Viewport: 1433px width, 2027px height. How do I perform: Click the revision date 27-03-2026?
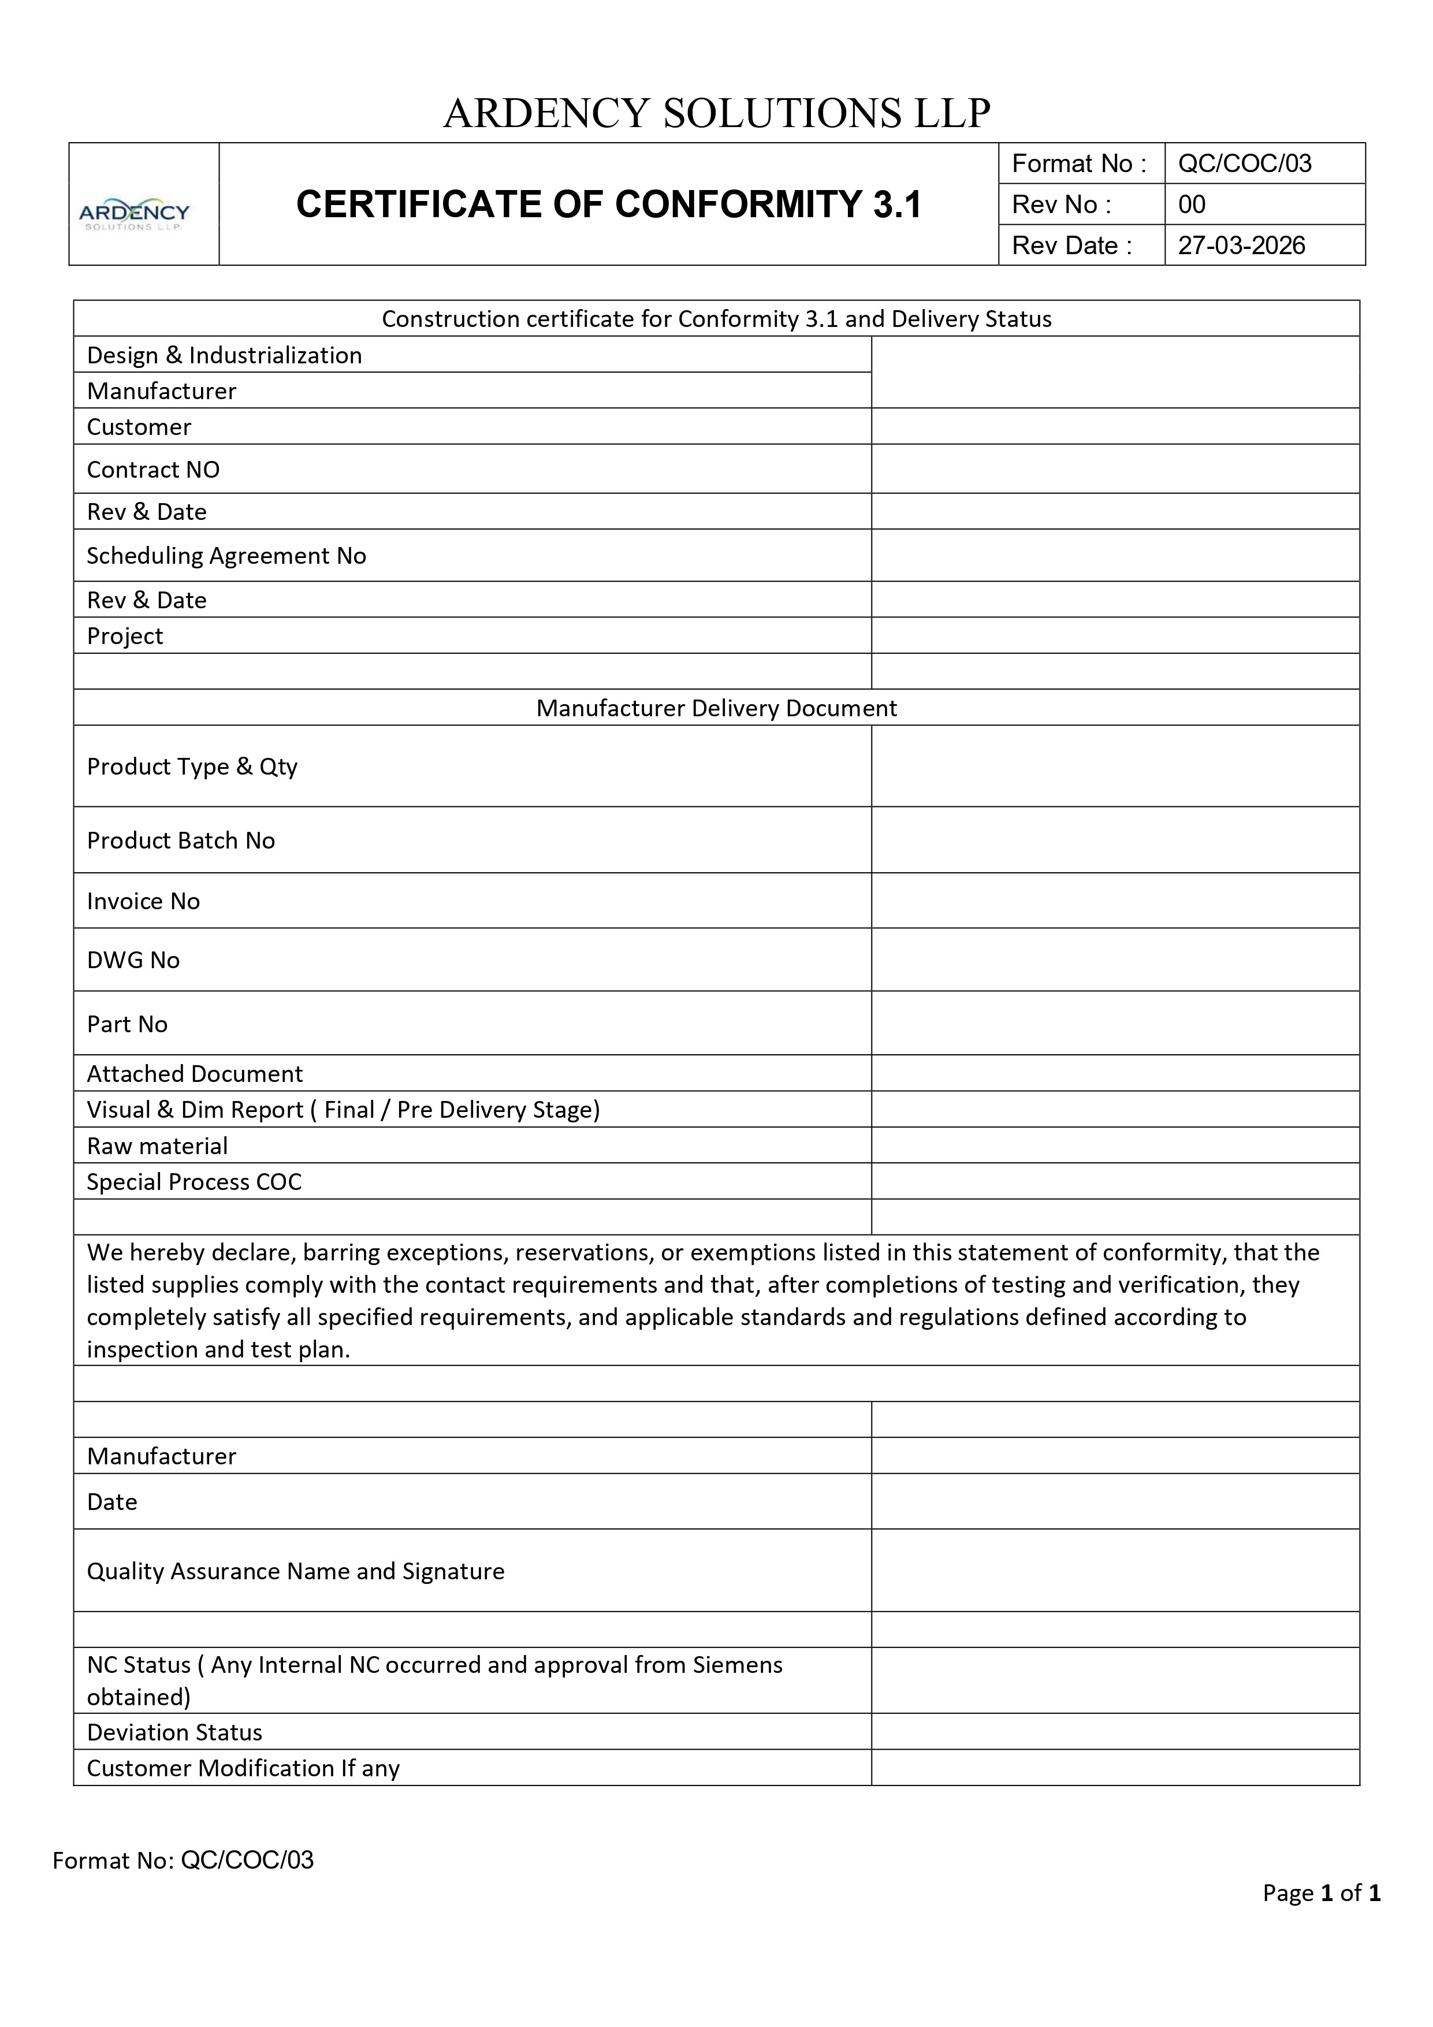coord(1241,246)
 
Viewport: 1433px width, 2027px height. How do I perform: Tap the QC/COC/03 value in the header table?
coord(1244,164)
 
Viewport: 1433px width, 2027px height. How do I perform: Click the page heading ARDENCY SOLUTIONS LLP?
coord(716,113)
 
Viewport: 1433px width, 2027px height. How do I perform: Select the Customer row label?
coord(139,427)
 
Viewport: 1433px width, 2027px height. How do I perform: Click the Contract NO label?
coord(152,470)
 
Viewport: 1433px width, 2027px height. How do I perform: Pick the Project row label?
coord(125,637)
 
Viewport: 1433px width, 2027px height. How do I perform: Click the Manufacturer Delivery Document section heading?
coord(716,708)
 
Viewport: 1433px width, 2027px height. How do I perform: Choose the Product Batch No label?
coord(180,840)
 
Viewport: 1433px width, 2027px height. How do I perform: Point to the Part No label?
coord(127,1024)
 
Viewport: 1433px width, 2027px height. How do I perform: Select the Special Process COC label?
coord(193,1182)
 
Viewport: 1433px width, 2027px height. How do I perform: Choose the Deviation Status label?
coord(174,1732)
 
